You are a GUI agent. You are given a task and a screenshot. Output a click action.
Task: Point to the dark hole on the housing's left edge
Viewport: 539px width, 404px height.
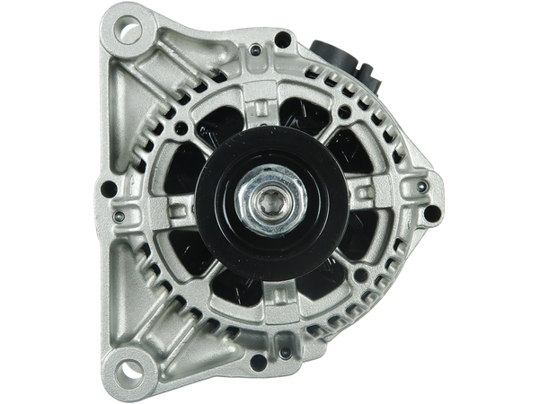point(110,188)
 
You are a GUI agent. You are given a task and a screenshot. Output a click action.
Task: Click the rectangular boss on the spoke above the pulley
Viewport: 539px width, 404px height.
point(269,110)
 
